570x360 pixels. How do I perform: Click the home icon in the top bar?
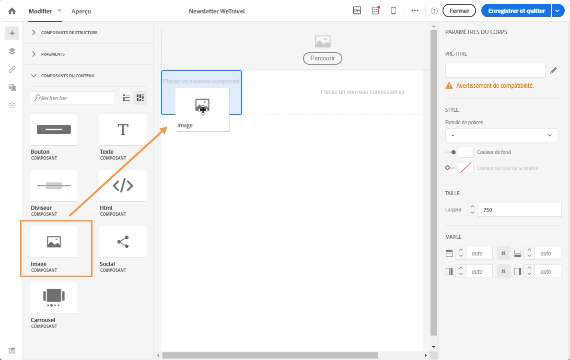[x=12, y=11]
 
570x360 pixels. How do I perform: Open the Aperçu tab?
[x=81, y=12]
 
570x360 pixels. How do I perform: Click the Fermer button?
[x=459, y=11]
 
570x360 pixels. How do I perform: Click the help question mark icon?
[x=434, y=11]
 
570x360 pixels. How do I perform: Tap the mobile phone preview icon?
[x=393, y=11]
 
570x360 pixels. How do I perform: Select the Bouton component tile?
[x=54, y=130]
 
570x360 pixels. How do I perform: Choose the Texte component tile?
[x=123, y=130]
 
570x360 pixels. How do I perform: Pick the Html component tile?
[x=123, y=186]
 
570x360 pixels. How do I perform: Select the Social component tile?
[x=123, y=242]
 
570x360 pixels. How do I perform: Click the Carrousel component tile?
[x=54, y=298]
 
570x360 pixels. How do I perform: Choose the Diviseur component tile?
[x=54, y=186]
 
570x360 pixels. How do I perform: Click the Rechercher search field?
[x=72, y=98]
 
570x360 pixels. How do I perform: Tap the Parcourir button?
[x=323, y=58]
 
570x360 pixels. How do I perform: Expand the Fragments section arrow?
[x=34, y=54]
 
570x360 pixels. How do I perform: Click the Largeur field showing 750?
[x=520, y=210]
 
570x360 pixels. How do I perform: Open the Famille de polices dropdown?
[x=501, y=135]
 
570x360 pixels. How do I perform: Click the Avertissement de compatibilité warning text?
[x=495, y=86]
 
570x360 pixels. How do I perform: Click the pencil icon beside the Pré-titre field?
[x=553, y=70]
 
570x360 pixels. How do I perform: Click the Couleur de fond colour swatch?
[x=466, y=152]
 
